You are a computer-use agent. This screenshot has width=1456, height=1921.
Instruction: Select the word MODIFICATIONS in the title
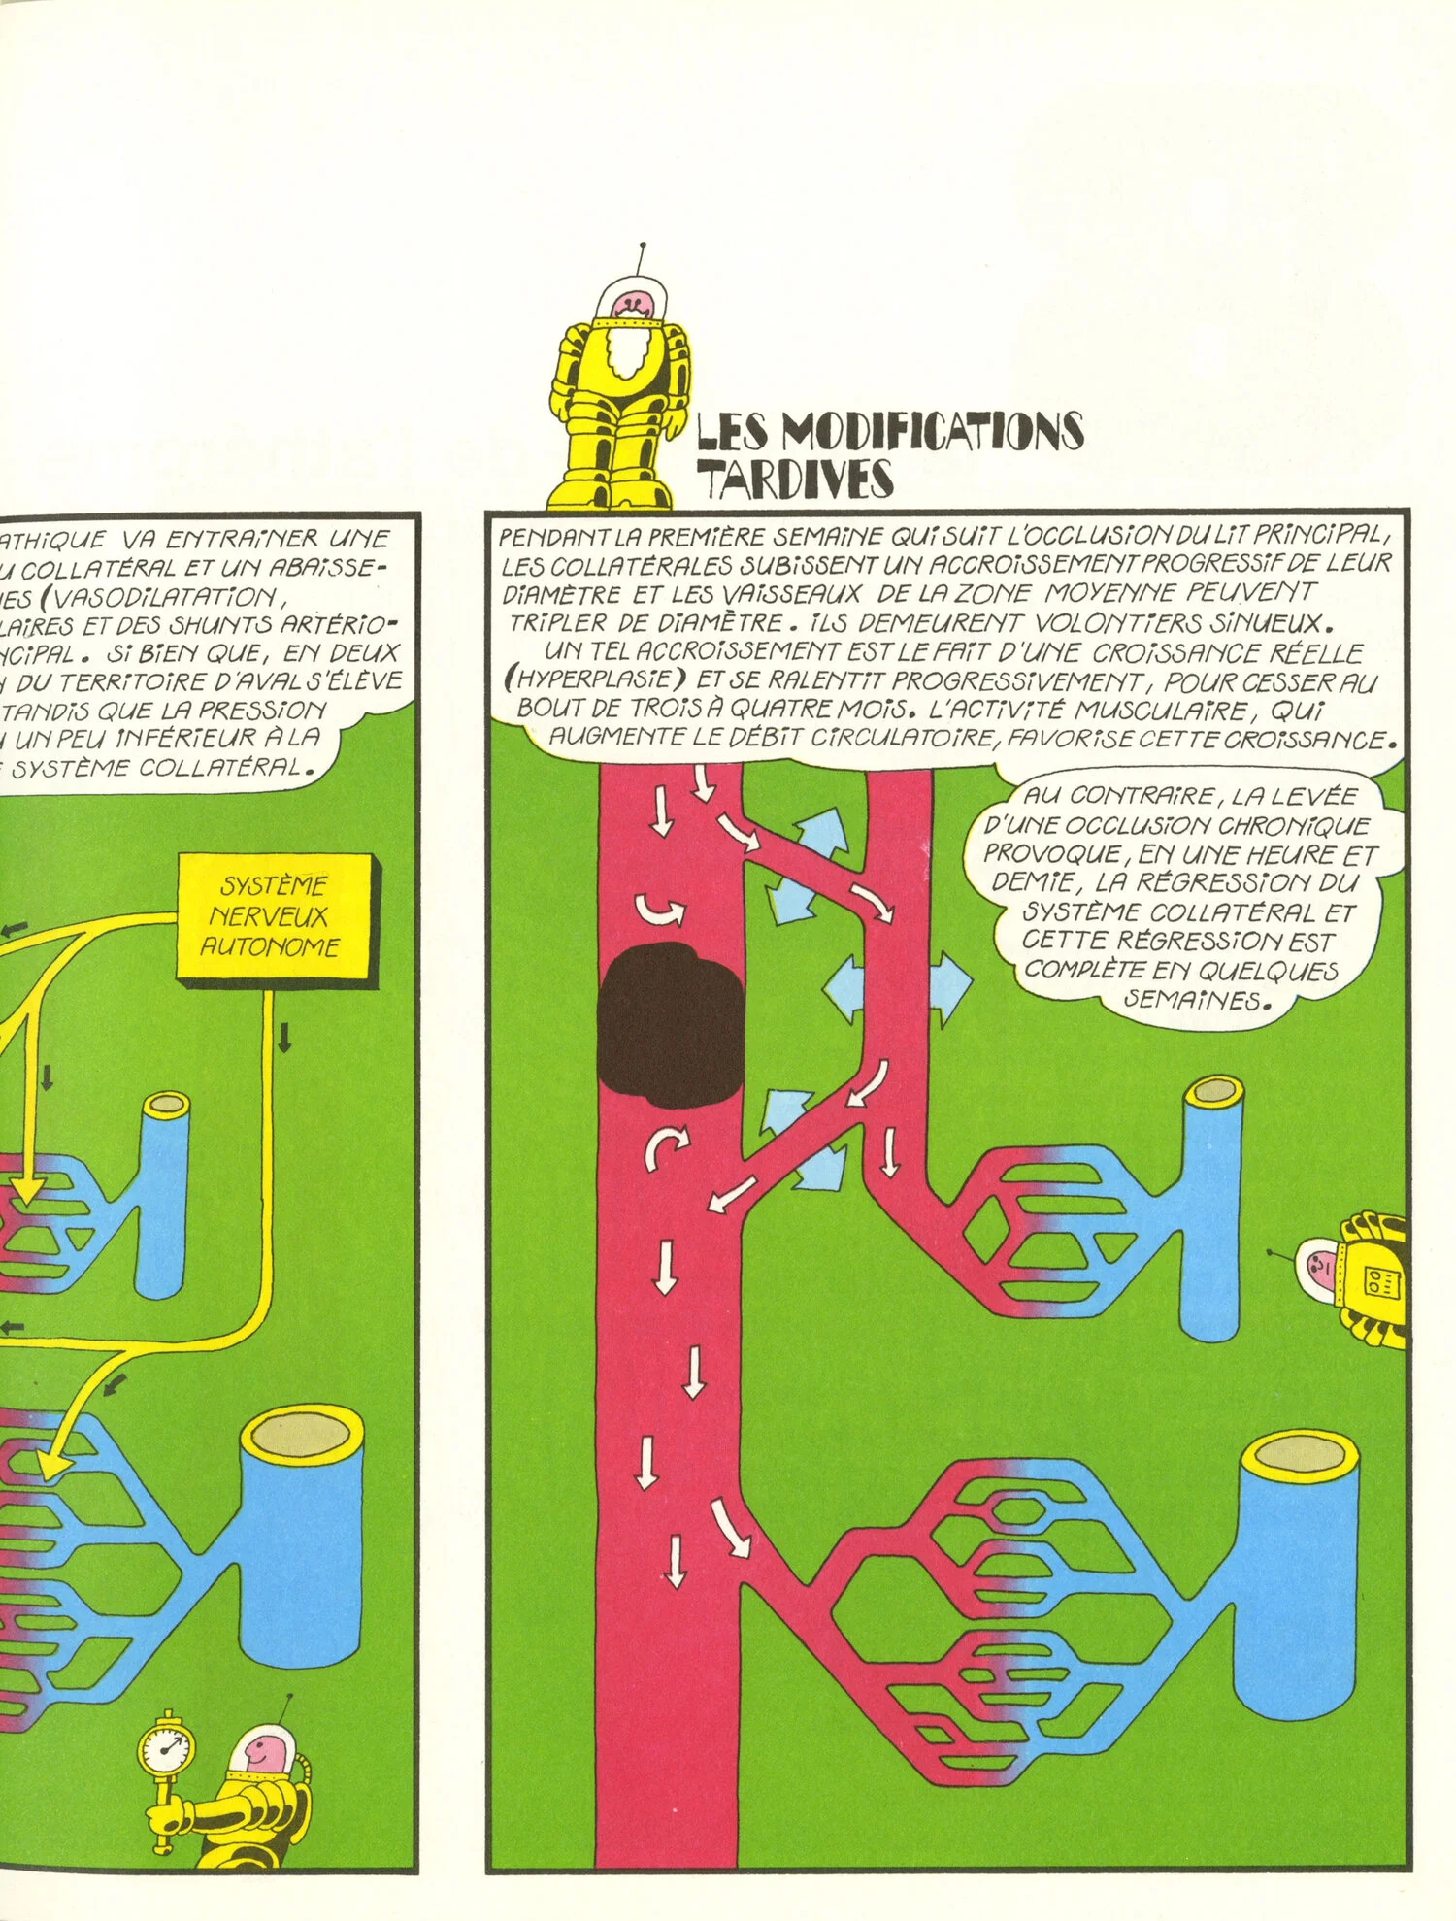(932, 431)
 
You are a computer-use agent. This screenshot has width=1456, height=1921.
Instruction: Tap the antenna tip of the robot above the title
(643, 247)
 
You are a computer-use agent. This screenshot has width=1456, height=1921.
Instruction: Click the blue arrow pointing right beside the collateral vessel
(950, 987)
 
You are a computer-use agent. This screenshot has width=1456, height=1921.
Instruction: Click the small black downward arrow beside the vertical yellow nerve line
(284, 1037)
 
